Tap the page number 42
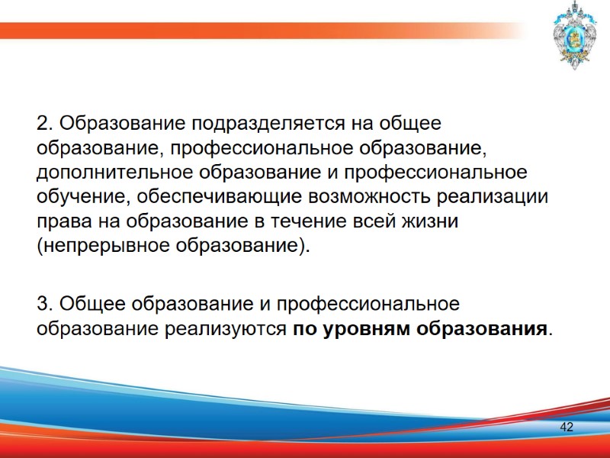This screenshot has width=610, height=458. click(567, 427)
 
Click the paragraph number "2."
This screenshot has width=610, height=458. click(45, 123)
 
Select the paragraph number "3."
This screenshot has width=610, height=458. click(45, 304)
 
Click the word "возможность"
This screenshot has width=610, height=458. click(368, 196)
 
